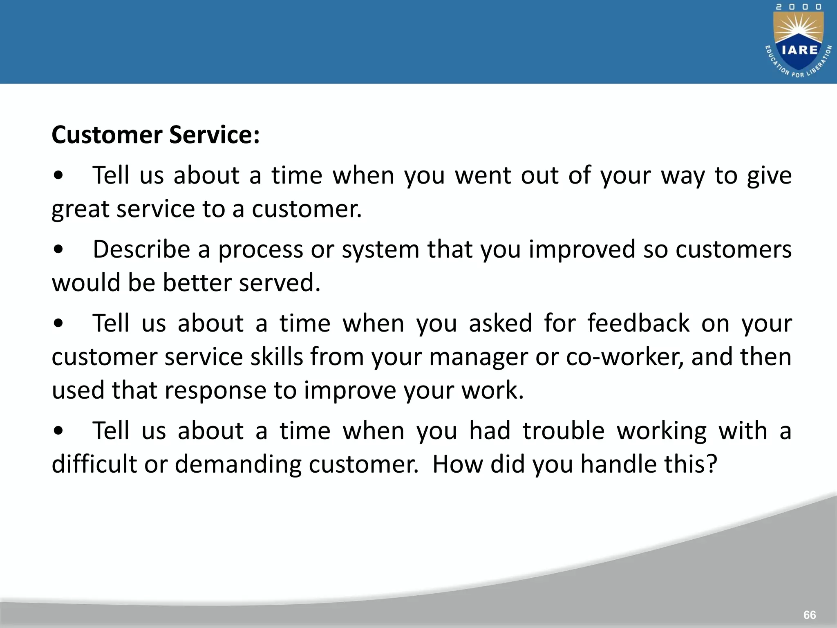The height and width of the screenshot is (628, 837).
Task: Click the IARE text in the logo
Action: (799, 50)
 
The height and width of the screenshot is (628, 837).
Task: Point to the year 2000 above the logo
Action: (799, 7)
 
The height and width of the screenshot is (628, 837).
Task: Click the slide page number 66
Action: (809, 615)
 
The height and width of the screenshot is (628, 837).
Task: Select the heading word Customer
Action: (107, 135)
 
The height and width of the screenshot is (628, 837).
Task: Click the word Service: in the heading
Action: (214, 135)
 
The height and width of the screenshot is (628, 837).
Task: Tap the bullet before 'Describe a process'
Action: (58, 249)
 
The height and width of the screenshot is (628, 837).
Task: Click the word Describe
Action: (141, 249)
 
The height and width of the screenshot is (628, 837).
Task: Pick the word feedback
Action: (638, 323)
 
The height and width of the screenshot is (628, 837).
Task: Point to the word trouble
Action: (564, 431)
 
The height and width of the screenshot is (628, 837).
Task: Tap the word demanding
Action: (238, 465)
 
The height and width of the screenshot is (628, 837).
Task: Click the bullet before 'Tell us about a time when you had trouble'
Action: (58, 431)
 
